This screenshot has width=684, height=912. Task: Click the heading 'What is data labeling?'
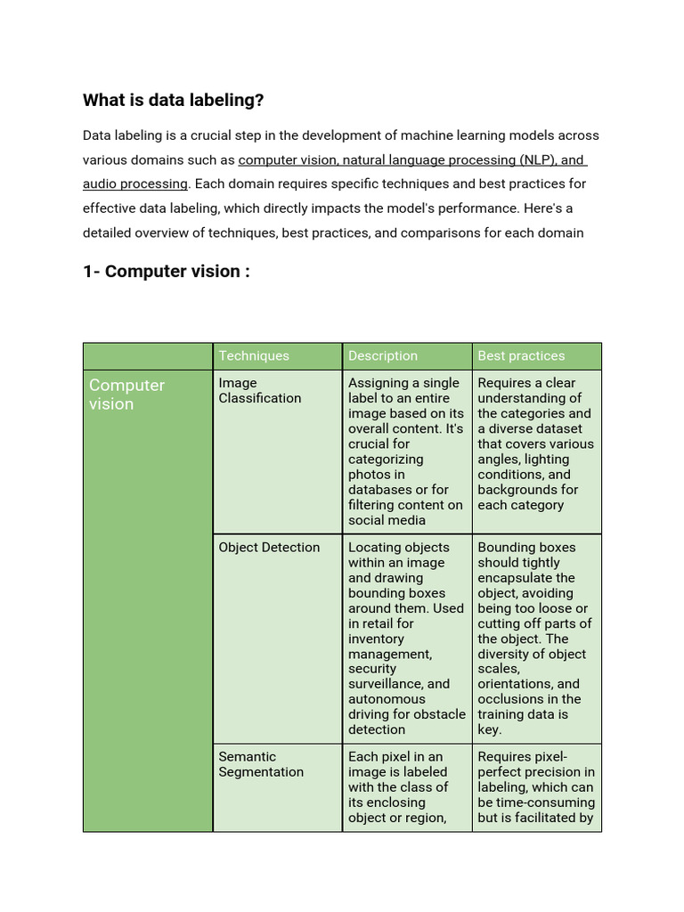tap(173, 101)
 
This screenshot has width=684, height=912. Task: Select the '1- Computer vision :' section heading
tap(166, 271)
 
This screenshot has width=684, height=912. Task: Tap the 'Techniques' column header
tap(254, 355)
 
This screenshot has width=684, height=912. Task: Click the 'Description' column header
tap(382, 355)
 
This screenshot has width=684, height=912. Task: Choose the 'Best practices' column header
tap(521, 355)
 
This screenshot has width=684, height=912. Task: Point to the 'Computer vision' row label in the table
tap(126, 395)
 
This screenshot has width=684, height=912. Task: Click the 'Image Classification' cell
tap(260, 390)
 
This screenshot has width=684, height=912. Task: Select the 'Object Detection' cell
tap(269, 547)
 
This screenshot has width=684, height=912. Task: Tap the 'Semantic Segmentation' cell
tap(261, 764)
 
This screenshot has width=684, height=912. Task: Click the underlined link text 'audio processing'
tap(135, 183)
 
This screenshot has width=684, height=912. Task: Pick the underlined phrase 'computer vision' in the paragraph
tap(287, 160)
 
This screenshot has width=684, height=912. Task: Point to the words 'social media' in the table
tap(387, 520)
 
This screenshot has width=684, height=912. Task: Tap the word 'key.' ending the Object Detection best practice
tap(490, 729)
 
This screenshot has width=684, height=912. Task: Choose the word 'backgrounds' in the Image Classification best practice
tap(516, 490)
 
